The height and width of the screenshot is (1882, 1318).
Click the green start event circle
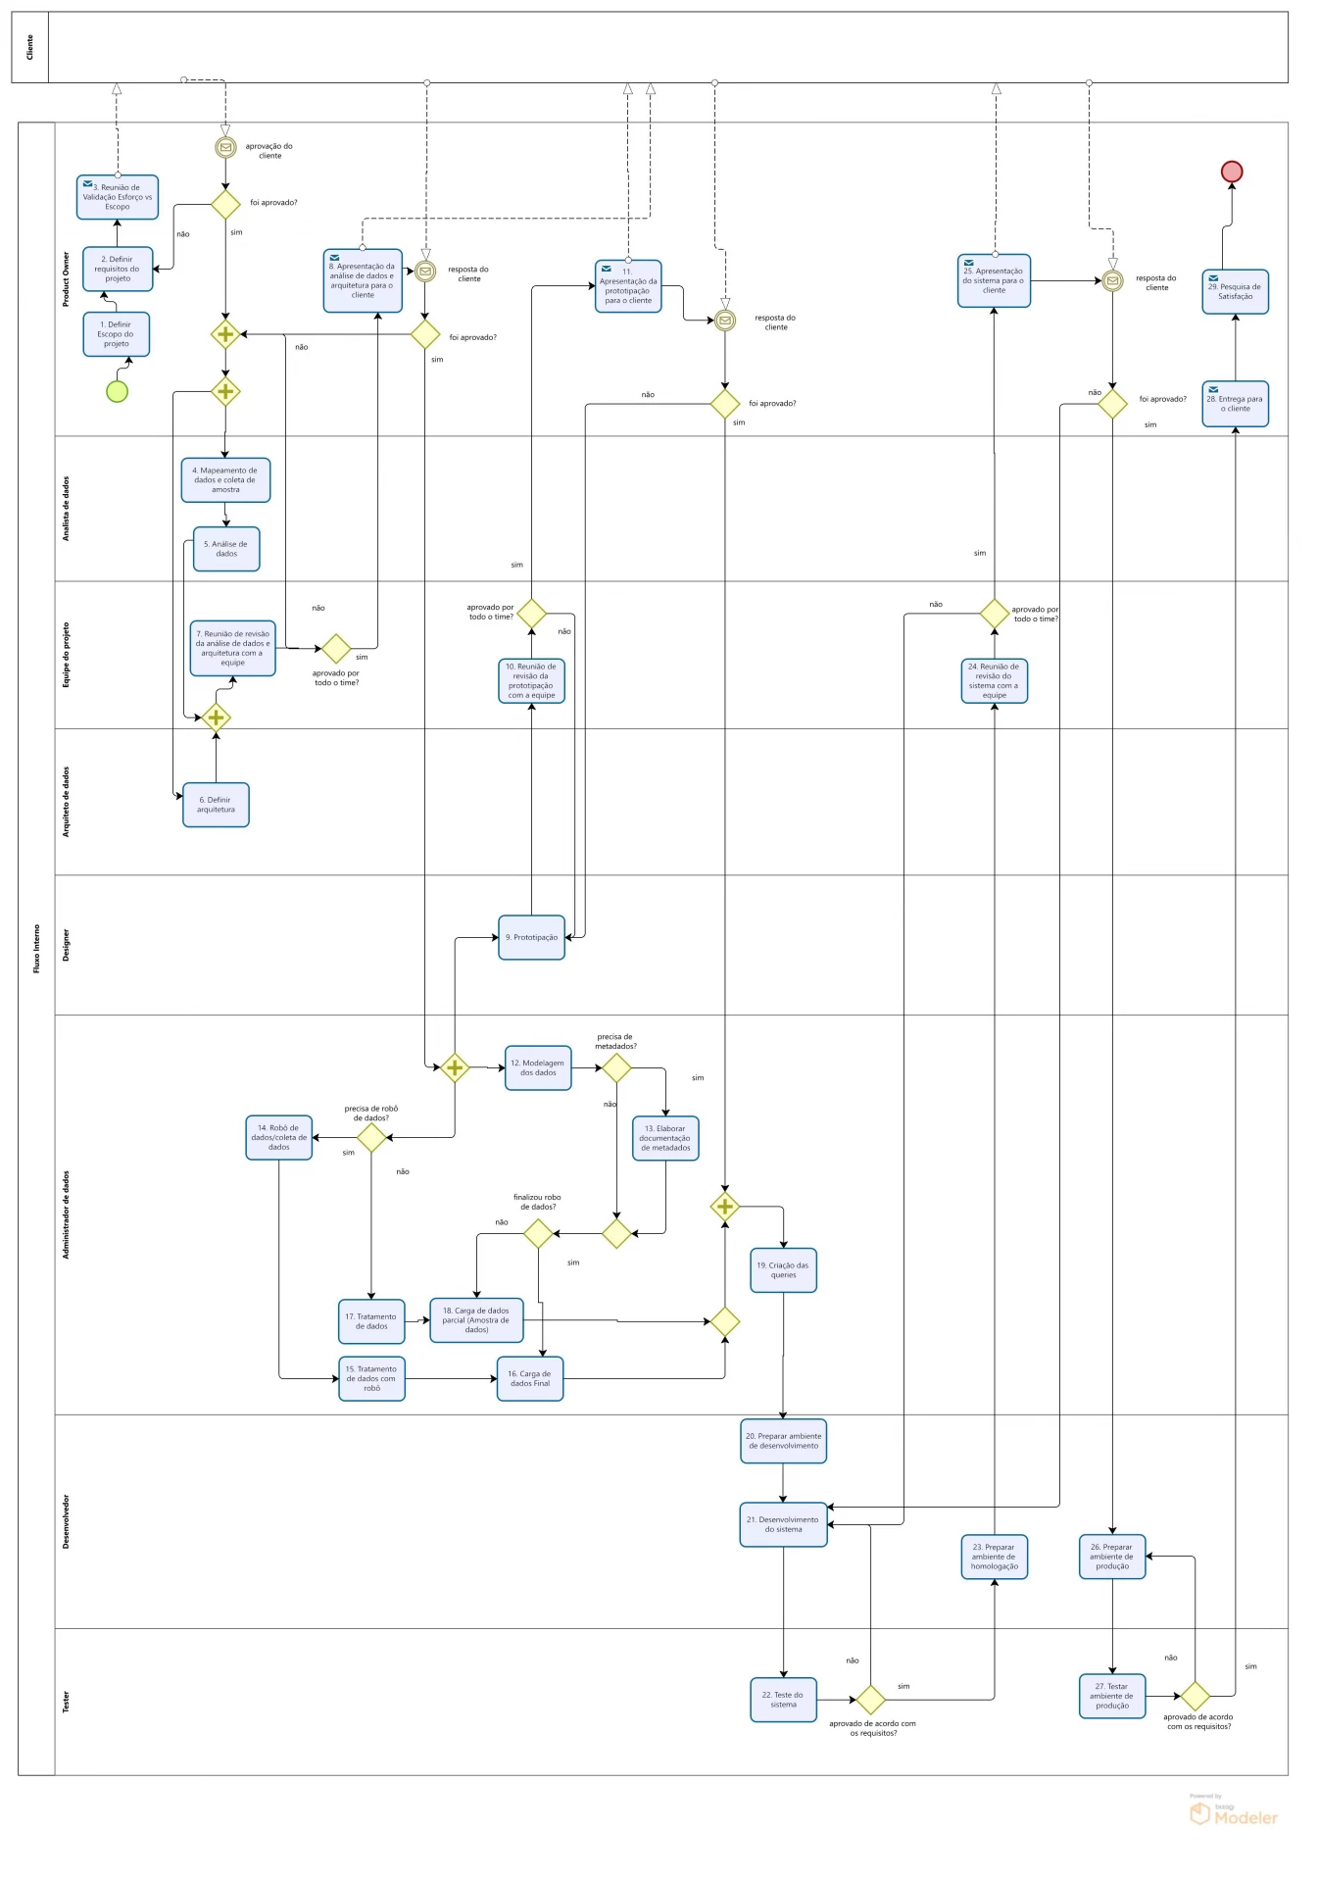coord(117,391)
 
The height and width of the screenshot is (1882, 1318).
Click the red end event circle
coord(1231,172)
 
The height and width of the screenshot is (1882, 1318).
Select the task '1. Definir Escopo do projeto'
coord(117,334)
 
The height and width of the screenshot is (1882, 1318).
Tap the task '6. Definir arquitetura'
coord(216,805)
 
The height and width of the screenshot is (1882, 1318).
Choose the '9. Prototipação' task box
coord(531,937)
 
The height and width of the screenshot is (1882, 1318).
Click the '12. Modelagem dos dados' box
coord(538,1067)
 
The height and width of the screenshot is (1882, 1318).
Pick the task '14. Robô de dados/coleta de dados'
coord(278,1137)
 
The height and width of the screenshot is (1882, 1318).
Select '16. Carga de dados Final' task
coord(530,1378)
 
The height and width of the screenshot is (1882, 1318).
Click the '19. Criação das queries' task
coord(783,1270)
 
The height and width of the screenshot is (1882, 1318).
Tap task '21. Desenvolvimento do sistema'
coord(783,1524)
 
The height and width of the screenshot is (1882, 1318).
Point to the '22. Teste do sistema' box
coord(783,1700)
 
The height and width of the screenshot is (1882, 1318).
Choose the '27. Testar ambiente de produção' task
coord(1112,1696)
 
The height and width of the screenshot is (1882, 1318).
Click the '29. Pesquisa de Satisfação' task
coord(1235,292)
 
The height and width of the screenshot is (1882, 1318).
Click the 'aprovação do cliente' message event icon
coord(225,147)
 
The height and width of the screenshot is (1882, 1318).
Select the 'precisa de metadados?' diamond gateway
coord(616,1067)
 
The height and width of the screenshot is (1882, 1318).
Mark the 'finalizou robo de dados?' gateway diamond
coord(539,1233)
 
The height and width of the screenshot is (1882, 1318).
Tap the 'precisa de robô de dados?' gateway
coord(371,1137)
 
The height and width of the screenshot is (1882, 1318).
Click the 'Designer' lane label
coord(66,945)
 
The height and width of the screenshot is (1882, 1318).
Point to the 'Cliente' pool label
coord(29,47)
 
